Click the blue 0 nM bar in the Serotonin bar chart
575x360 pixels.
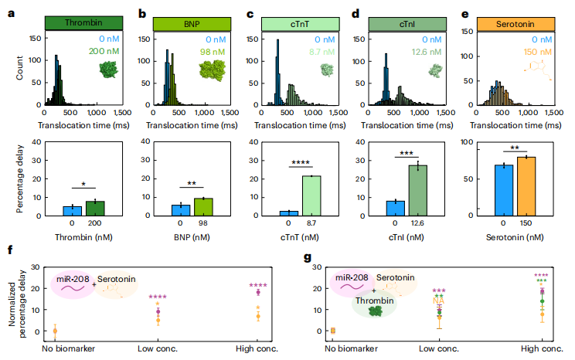coord(504,189)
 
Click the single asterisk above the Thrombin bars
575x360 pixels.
coord(83,185)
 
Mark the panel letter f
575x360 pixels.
coord(9,250)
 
